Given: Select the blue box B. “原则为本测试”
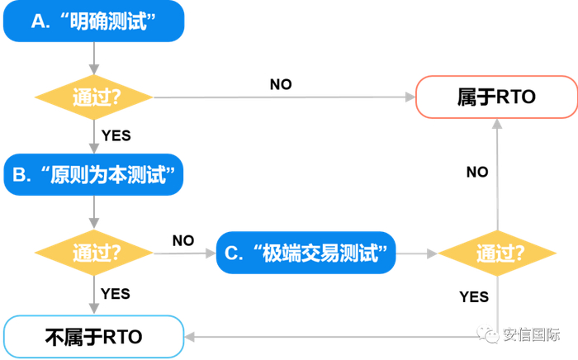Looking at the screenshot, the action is [93, 175].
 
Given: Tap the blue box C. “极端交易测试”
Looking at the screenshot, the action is [306, 252].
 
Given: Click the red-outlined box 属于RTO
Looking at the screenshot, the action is [496, 97].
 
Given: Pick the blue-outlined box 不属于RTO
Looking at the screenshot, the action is [92, 337].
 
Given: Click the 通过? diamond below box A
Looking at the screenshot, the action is [93, 97].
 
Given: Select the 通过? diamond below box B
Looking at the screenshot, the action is [93, 252].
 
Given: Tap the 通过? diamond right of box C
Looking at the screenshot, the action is [496, 253].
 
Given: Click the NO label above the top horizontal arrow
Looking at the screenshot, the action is [281, 84].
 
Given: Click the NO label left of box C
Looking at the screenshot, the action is [183, 240].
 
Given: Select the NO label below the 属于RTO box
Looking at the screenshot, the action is [477, 172].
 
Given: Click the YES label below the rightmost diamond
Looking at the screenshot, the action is [474, 296].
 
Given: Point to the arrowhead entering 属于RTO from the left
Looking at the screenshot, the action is [410, 97].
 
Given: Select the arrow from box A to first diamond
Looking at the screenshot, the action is [93, 59].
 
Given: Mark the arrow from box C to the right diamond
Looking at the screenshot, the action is [417, 252].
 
